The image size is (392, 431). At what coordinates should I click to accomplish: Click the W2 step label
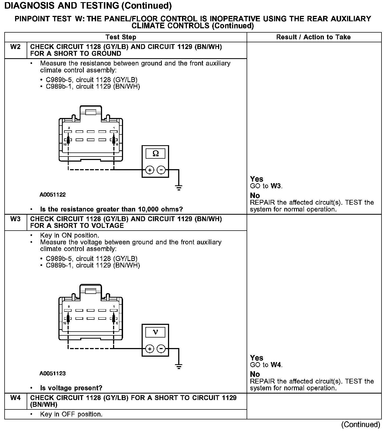(15, 47)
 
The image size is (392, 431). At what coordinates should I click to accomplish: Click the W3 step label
(15, 219)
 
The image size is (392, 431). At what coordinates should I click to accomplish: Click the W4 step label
(15, 398)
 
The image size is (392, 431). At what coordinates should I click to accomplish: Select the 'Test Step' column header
(121, 37)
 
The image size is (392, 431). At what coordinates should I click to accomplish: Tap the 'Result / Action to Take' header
(313, 37)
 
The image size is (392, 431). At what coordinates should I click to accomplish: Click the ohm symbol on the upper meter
(155, 154)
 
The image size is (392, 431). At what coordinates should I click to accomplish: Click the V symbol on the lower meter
(155, 332)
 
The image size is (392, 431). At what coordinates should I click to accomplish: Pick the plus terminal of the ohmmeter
(150, 170)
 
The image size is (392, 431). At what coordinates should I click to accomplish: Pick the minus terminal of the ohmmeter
(161, 170)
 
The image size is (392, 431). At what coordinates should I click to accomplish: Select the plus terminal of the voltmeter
(150, 349)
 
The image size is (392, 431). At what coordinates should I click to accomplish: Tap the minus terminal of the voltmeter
(161, 349)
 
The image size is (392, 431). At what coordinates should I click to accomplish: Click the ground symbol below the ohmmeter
(178, 187)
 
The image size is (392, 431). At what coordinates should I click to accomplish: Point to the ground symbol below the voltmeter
(178, 366)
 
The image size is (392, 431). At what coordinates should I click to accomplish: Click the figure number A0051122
(52, 194)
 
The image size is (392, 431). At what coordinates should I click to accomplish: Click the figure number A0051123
(52, 373)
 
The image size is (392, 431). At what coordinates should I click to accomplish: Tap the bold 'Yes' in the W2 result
(257, 179)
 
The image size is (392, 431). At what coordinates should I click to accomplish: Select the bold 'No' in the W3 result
(255, 374)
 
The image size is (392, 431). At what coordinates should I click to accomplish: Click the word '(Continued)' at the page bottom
(360, 425)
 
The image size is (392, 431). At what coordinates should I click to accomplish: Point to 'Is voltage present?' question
(71, 388)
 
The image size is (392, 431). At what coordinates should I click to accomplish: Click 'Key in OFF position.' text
(71, 414)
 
